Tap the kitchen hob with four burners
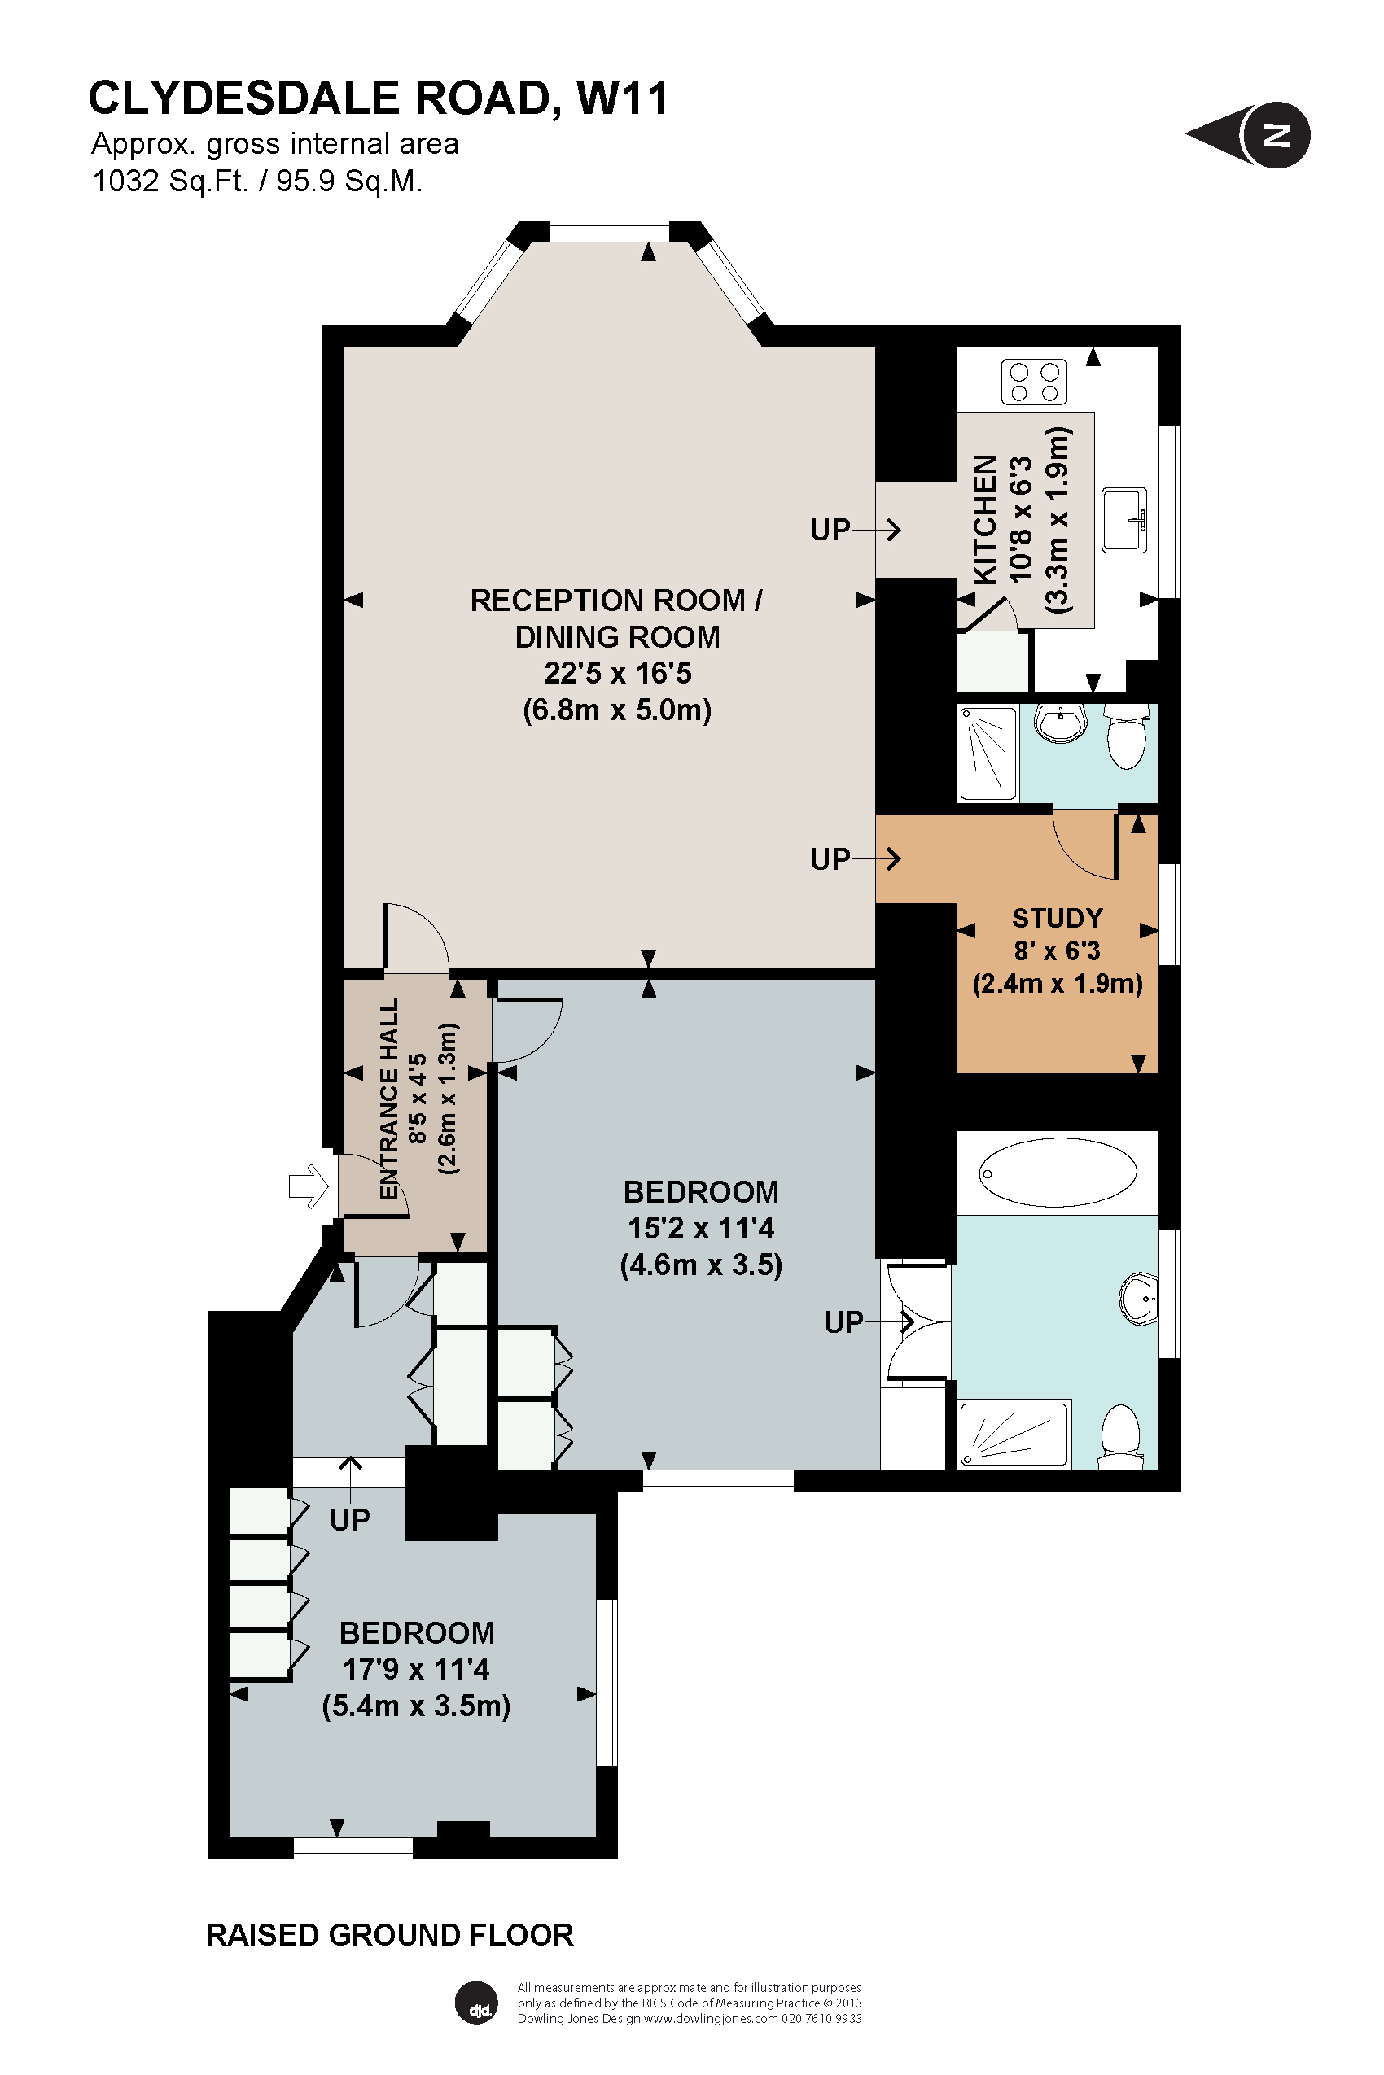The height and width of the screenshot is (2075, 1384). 1034,382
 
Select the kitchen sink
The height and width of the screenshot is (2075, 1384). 1124,520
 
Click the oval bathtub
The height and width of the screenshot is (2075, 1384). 1058,1173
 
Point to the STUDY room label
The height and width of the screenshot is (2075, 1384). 1057,918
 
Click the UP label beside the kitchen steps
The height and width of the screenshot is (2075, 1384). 830,530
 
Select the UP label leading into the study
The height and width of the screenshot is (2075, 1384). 830,858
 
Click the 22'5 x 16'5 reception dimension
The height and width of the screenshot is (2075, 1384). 617,673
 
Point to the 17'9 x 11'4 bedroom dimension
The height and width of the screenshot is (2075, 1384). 416,1669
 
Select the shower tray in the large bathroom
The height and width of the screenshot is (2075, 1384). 1014,1434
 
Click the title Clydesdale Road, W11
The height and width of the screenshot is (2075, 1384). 378,98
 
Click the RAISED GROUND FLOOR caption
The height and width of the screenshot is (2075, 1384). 389,1935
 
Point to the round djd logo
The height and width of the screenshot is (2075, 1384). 476,2003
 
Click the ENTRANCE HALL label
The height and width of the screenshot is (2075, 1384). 389,1099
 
